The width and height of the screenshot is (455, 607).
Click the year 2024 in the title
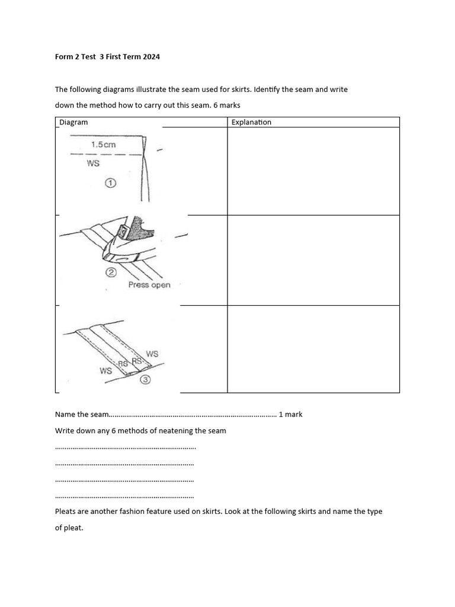click(150, 57)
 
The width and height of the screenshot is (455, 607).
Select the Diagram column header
click(73, 122)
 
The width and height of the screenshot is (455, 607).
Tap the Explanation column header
click(251, 122)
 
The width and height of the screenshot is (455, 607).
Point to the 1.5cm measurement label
click(104, 144)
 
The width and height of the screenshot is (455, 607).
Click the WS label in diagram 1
click(93, 164)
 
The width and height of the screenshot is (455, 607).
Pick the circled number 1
click(110, 184)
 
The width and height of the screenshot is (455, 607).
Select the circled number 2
click(110, 273)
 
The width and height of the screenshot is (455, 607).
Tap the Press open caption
click(149, 285)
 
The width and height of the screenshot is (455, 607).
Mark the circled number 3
click(145, 381)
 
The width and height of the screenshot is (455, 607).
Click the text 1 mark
click(290, 414)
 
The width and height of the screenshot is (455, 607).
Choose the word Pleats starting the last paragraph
click(65, 511)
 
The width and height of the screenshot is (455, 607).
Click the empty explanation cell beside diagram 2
click(313, 260)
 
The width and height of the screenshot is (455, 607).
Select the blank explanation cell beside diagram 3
click(313, 349)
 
